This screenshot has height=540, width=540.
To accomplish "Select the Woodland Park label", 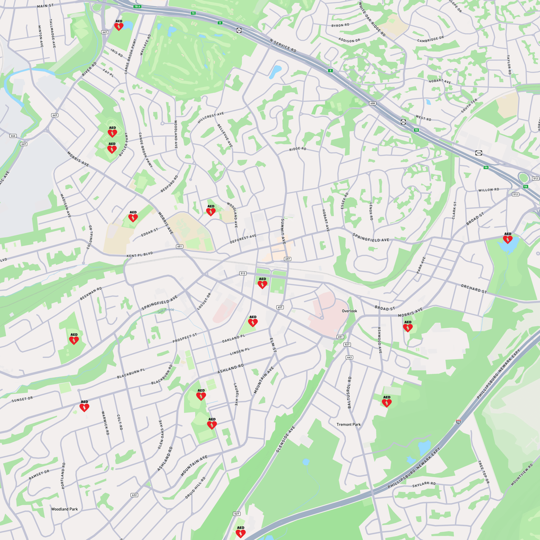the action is [64, 509].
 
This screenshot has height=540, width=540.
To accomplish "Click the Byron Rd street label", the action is [340, 25].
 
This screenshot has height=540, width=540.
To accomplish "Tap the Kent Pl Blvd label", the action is [140, 254].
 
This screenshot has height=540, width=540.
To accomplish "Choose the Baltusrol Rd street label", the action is [349, 392].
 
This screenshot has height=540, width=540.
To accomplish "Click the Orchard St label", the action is [474, 289].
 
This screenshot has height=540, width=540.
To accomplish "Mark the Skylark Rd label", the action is [424, 484].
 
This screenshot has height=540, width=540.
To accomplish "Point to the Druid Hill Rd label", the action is [195, 488].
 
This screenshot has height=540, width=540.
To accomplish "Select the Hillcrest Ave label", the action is [211, 118].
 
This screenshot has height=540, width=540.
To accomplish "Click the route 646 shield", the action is [13, 136].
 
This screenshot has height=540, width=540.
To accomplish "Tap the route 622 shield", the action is [134, 495].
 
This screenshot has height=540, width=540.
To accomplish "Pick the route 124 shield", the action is [478, 153].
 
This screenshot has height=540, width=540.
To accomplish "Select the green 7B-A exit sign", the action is [137, 6].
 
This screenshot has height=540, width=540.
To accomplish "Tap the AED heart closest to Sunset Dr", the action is [84, 408].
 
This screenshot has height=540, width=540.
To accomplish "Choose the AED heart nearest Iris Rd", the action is [119, 27].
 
